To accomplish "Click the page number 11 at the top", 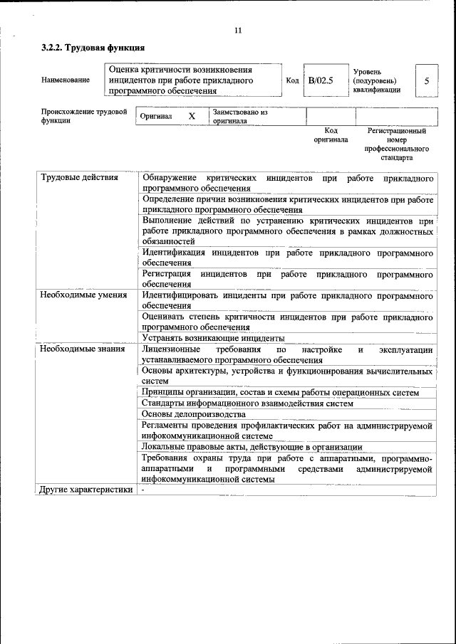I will (238, 30).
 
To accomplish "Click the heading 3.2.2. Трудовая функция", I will (93, 48).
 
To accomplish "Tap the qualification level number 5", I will (426, 80).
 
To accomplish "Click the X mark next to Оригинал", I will (191, 116).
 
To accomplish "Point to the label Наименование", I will (66, 80).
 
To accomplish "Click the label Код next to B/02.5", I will (292, 80).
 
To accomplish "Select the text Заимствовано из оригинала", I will (239, 117).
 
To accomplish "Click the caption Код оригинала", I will (331, 135).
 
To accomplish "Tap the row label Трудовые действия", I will (79, 177).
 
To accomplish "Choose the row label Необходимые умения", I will (83, 295).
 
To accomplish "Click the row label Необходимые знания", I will (83, 349).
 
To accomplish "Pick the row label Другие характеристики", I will (86, 490).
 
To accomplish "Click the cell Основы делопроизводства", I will (193, 414).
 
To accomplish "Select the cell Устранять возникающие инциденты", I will (213, 338).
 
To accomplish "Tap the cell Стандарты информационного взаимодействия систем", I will (247, 403).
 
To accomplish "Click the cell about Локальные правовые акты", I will (252, 447).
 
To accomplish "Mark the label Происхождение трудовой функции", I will (84, 116).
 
